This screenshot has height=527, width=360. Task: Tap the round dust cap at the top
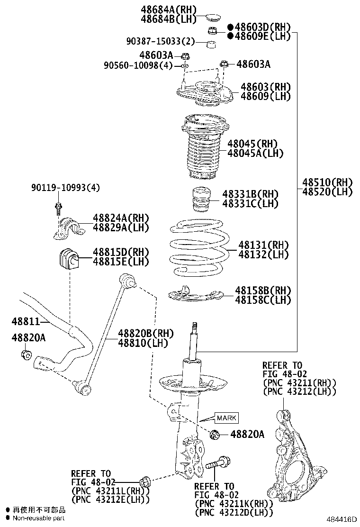[x=213, y=19]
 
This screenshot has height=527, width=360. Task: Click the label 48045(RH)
[x=252, y=144]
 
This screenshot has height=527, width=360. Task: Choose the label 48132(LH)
[x=263, y=254]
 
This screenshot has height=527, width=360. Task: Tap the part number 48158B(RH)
[x=263, y=290]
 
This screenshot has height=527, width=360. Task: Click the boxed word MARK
[x=226, y=418]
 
